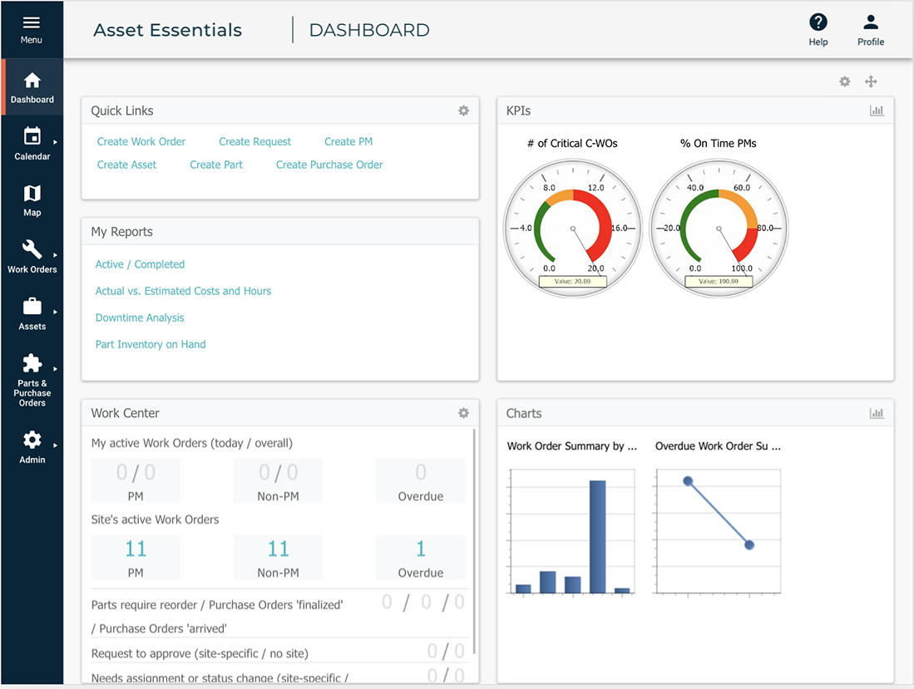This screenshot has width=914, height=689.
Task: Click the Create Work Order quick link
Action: point(141,142)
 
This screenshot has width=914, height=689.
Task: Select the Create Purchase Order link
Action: point(329,165)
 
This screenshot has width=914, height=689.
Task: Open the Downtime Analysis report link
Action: point(140,318)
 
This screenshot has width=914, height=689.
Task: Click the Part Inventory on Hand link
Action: point(151,345)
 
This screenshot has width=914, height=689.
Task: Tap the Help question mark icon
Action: point(818,23)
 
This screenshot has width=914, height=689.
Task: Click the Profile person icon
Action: point(871,23)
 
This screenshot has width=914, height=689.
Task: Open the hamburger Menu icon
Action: point(32,23)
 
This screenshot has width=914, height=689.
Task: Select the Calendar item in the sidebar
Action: point(32,136)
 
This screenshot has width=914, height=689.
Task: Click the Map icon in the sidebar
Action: point(32,194)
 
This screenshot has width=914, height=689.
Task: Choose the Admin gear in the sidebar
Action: point(32,440)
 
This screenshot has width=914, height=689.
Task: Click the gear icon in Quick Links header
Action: point(464,111)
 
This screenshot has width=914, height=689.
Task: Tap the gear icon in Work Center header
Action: point(464,413)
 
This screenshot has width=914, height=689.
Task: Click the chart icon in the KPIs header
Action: point(877,111)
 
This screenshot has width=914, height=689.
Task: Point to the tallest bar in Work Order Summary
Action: point(597,536)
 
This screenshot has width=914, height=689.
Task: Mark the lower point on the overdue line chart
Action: point(749,545)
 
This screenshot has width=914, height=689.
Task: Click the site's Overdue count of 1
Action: point(421,549)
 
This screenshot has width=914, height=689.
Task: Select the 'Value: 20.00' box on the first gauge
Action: point(572,282)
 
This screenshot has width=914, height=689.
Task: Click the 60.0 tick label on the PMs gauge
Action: point(741,188)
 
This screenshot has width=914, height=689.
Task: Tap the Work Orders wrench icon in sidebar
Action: point(32,249)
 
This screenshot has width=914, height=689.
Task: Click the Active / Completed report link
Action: point(140,265)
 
